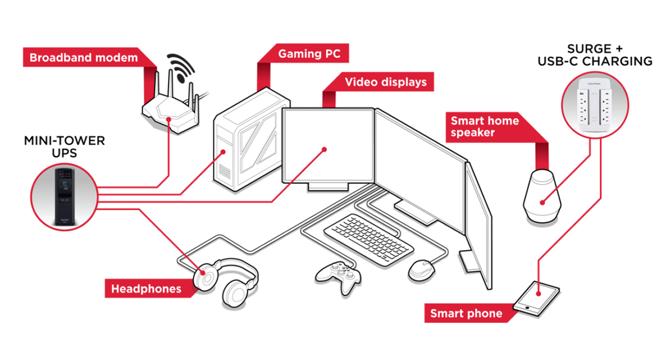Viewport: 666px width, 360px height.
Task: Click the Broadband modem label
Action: [84, 58]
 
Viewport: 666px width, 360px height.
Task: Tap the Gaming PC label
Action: [309, 54]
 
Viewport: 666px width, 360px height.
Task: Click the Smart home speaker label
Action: [484, 126]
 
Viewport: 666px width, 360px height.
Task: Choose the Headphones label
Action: [146, 289]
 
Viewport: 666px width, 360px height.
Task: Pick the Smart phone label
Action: [466, 314]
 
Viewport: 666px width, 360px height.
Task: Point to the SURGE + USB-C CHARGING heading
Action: [595, 55]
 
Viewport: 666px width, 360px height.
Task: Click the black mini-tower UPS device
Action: [64, 197]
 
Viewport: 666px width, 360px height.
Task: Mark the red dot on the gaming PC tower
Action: [223, 152]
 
